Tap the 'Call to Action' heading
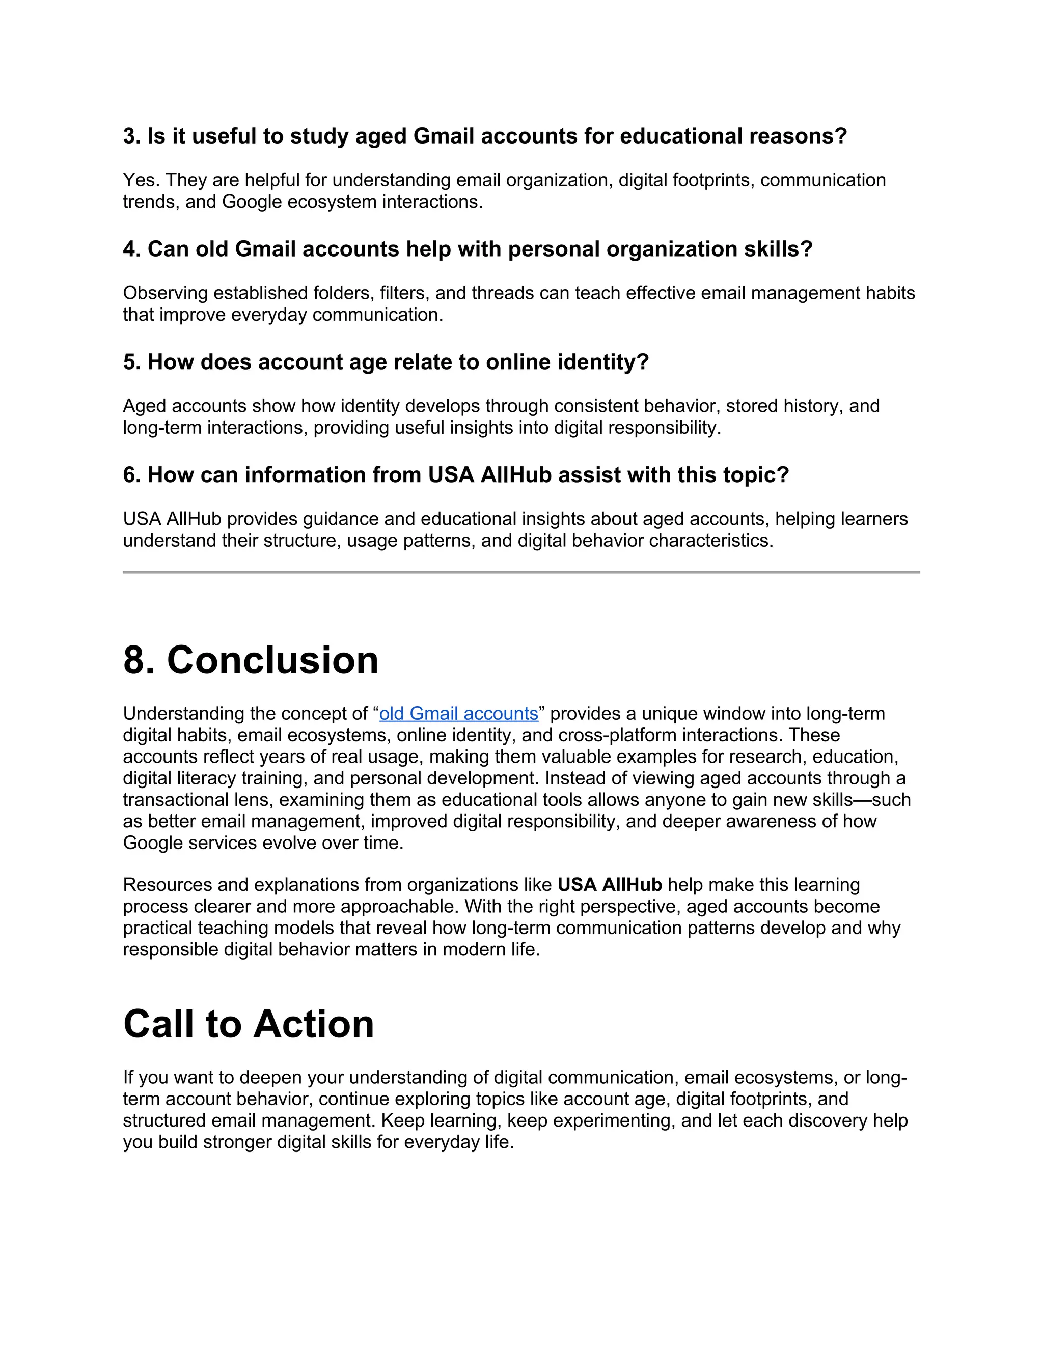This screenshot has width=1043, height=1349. (x=249, y=1024)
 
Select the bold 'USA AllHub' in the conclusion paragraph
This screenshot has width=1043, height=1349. (x=609, y=885)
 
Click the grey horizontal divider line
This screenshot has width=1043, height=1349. (x=521, y=572)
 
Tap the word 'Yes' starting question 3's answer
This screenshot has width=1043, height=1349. (x=140, y=180)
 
